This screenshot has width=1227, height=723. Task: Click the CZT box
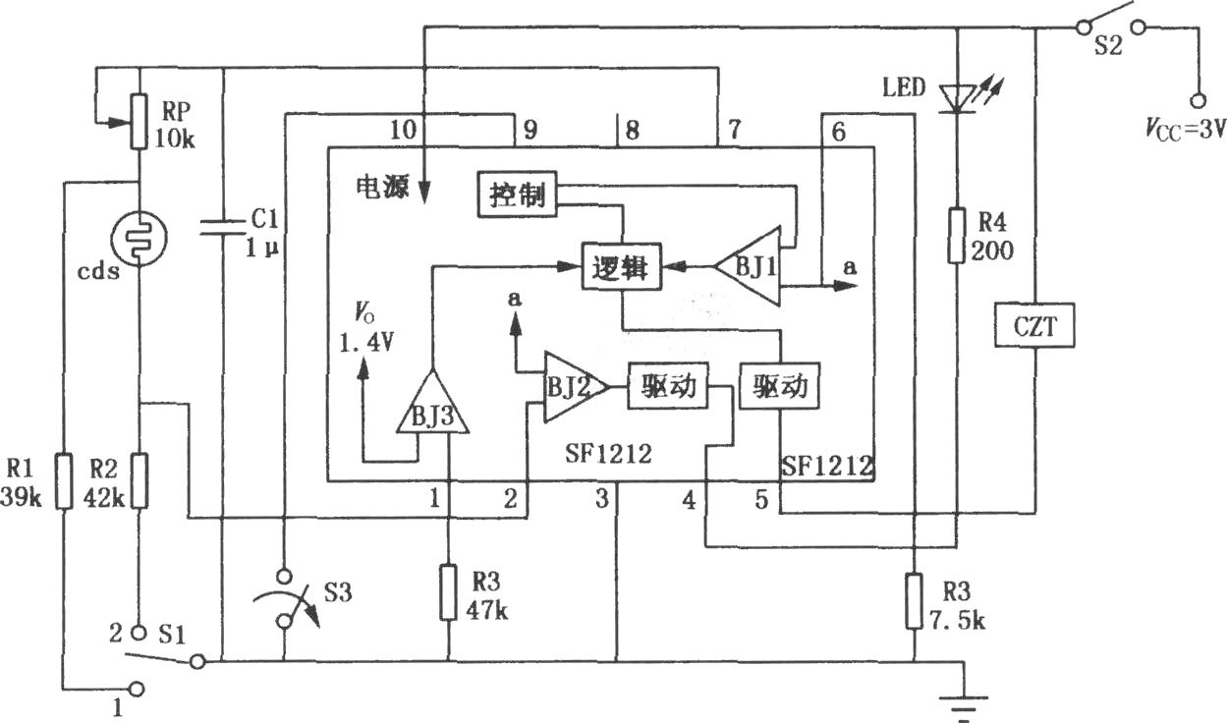tap(1034, 325)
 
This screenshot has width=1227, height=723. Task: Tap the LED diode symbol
tap(957, 99)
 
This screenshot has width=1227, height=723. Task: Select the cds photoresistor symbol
tap(139, 238)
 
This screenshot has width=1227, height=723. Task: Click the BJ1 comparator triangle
tap(748, 267)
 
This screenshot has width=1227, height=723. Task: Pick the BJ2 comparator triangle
tap(576, 387)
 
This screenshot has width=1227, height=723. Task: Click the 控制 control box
tap(517, 195)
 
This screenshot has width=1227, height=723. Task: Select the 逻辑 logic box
tap(621, 267)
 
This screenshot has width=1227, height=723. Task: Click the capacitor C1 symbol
tap(223, 227)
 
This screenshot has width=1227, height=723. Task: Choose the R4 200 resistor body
tap(957, 236)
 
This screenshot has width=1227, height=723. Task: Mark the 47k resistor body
tap(449, 592)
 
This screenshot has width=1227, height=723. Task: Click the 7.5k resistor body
tap(914, 601)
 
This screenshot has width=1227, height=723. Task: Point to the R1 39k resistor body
tap(65, 481)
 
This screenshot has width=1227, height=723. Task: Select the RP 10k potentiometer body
tap(139, 122)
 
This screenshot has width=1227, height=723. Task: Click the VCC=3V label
tap(1186, 130)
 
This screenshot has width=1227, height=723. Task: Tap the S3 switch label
tap(337, 592)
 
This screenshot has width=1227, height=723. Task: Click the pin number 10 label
tap(403, 131)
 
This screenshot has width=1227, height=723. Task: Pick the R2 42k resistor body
tap(139, 481)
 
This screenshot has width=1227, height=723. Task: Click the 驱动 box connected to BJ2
tap(668, 386)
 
